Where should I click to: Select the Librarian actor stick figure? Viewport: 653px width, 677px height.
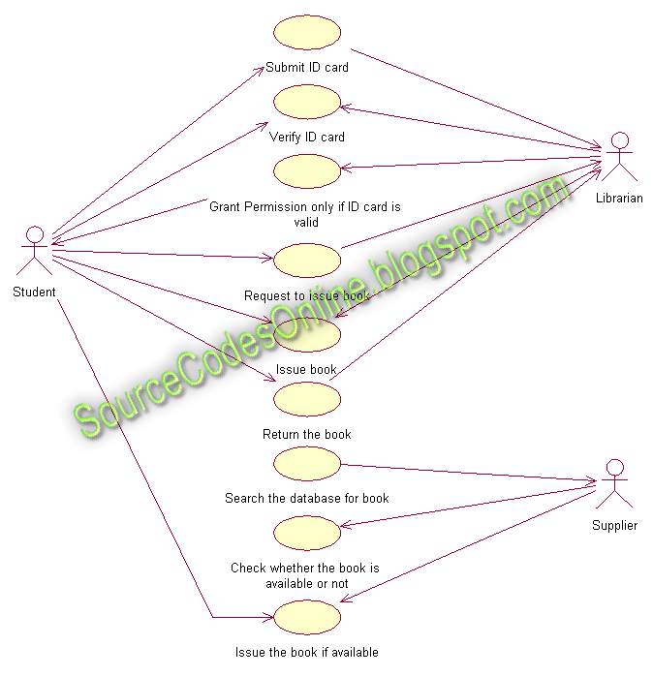[x=619, y=158]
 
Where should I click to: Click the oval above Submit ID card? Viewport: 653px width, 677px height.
[x=307, y=32]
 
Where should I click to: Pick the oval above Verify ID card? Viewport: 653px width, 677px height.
[x=307, y=101]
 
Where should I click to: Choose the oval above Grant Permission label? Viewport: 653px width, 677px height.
[x=307, y=170]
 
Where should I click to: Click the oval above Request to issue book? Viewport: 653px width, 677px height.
[x=307, y=261]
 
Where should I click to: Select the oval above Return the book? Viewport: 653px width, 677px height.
[x=307, y=399]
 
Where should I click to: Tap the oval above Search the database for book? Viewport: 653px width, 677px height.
[x=307, y=463]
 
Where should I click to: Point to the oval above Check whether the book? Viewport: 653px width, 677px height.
[x=307, y=532]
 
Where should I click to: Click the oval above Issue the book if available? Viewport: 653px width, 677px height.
[x=307, y=617]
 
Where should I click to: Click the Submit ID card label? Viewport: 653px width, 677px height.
[x=307, y=68]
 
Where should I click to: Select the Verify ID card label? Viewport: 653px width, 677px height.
[x=307, y=138]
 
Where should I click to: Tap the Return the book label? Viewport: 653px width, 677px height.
[x=307, y=435]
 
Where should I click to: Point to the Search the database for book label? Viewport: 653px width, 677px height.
[x=307, y=499]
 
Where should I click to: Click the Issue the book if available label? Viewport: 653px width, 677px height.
[x=307, y=653]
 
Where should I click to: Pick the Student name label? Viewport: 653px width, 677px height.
[x=35, y=292]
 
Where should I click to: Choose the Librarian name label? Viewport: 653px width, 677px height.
[x=619, y=199]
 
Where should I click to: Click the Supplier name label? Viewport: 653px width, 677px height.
[x=615, y=526]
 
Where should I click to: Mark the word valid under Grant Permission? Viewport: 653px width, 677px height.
[x=307, y=222]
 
